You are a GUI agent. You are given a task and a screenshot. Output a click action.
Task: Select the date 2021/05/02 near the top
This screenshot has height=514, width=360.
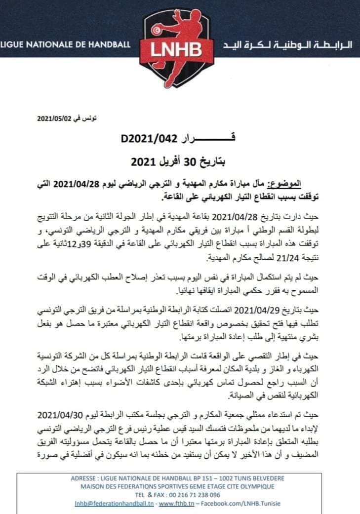(54, 119)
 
